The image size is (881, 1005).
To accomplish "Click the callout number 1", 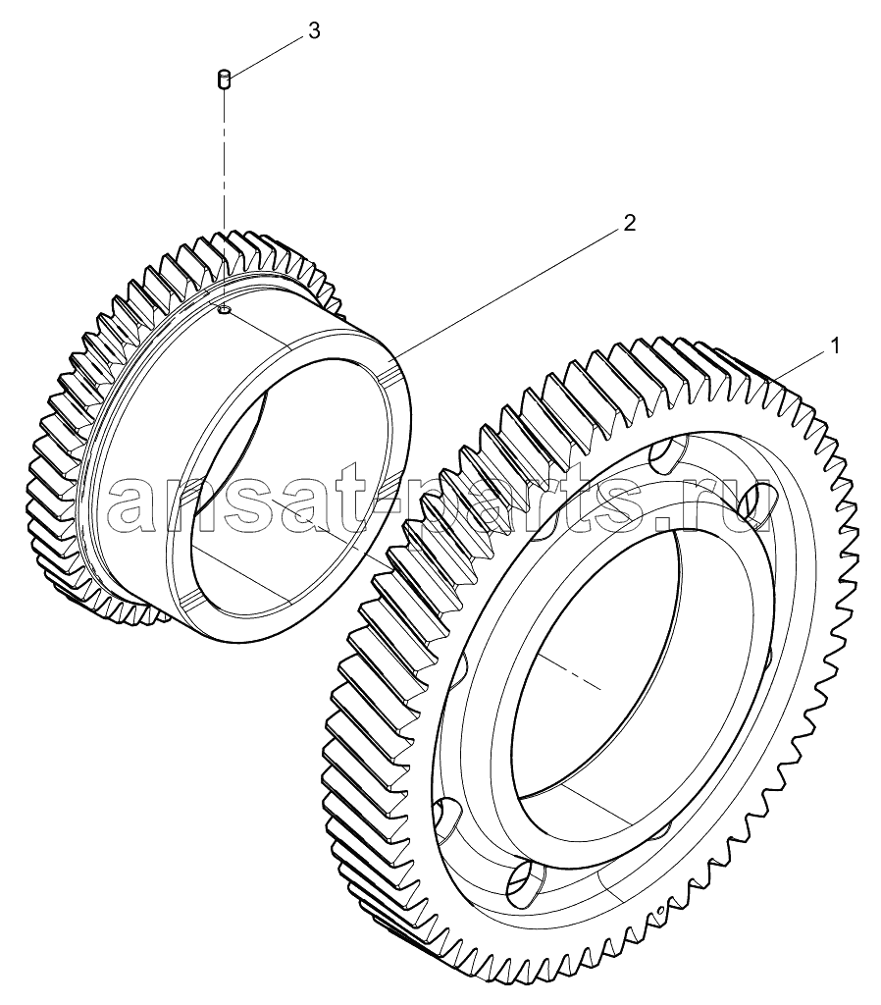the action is click(x=835, y=346).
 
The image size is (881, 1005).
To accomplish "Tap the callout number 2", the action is click(x=630, y=223).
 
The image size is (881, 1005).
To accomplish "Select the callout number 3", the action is click(x=314, y=30).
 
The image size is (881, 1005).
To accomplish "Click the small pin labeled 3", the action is click(x=224, y=80).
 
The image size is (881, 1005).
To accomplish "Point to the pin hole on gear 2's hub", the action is click(x=224, y=311).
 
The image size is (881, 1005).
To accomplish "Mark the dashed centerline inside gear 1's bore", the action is click(x=569, y=674).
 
